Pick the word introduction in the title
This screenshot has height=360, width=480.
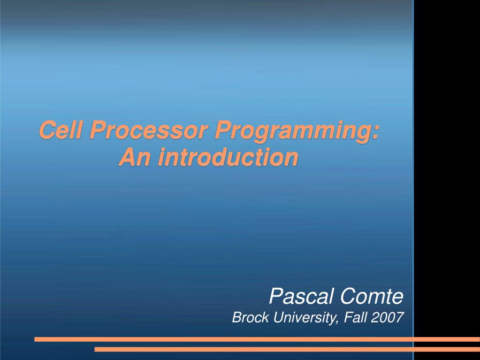click(227, 157)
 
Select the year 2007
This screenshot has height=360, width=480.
click(388, 318)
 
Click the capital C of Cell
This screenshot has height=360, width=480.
click(46, 130)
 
